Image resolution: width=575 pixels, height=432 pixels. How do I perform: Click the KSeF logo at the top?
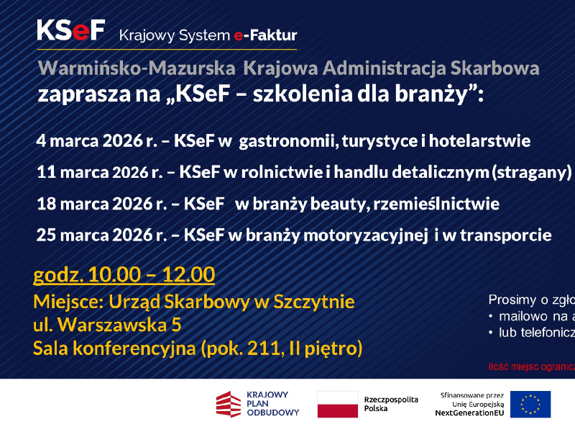71,30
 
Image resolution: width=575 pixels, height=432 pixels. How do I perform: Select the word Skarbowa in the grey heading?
494,69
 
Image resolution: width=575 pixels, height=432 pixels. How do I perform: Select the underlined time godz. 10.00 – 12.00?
124,274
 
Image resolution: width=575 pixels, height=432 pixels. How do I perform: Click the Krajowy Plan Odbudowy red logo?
229,404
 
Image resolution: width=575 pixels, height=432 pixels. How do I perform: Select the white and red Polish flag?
337,404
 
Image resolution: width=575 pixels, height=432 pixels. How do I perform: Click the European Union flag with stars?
530,404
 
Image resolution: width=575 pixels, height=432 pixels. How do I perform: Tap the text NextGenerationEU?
468,413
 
